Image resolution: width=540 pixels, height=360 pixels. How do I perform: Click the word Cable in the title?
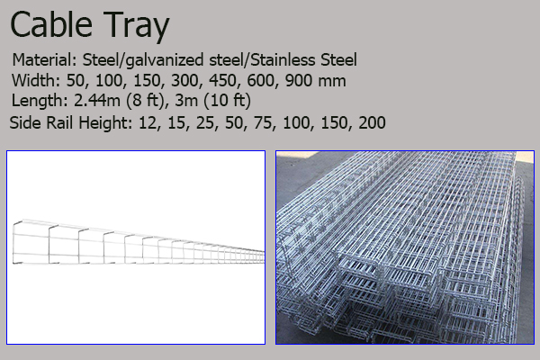[x=51, y=24]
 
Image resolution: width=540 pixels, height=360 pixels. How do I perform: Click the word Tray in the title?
[x=136, y=27]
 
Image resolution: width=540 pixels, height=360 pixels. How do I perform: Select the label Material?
[x=45, y=60]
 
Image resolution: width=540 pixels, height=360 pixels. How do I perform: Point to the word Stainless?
[x=283, y=60]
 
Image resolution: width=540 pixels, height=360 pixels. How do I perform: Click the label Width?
[x=36, y=81]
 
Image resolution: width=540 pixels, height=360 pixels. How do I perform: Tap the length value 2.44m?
[x=97, y=101]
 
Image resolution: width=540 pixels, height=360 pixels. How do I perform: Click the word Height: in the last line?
[x=105, y=123]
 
